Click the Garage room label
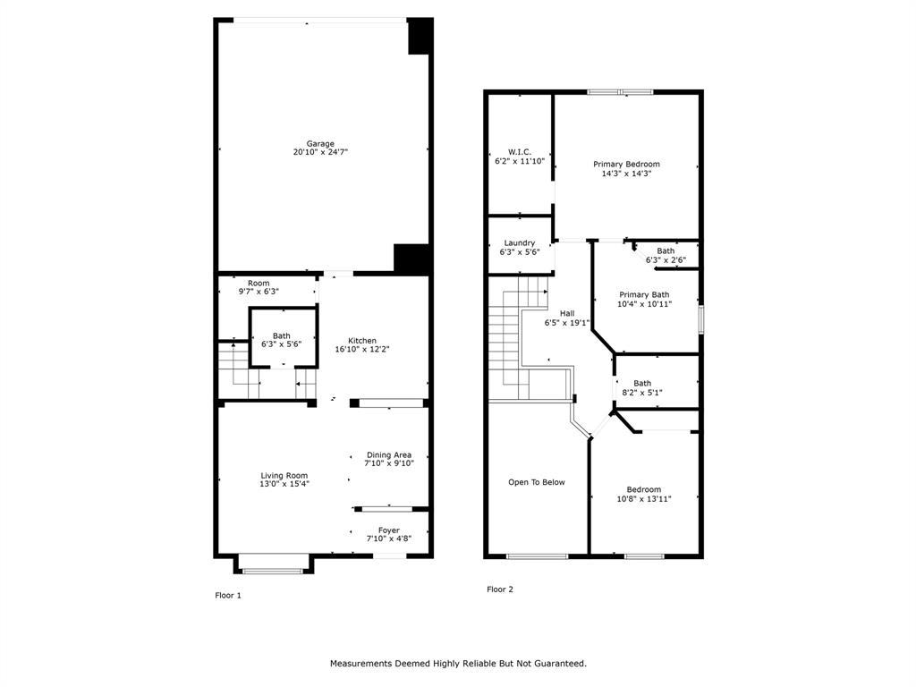pos(320,144)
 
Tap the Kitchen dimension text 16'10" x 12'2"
pos(362,350)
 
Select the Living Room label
pos(284,476)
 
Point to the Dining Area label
pos(389,454)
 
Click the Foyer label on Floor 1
pos(389,530)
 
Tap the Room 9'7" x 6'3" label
pos(259,284)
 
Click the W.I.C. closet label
pos(520,152)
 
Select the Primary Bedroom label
pos(626,165)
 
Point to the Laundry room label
pos(520,243)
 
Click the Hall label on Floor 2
pos(567,313)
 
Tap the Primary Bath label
pos(644,294)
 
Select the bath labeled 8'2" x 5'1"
pos(642,383)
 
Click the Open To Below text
pos(537,482)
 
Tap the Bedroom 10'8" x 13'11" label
pos(644,489)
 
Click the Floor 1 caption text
pos(228,595)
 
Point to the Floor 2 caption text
pos(500,589)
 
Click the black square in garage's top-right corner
pos(420,37)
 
